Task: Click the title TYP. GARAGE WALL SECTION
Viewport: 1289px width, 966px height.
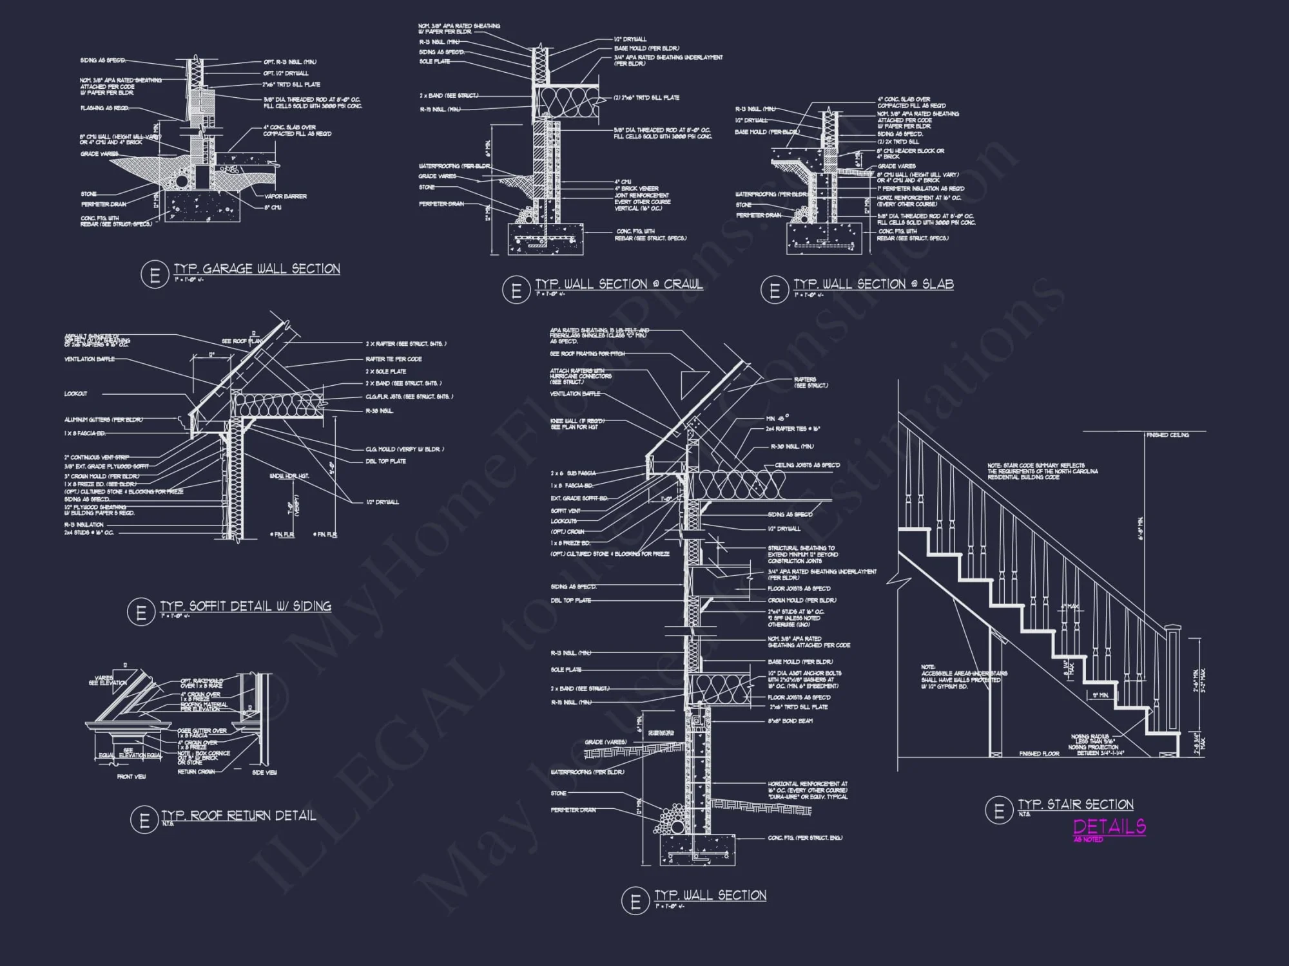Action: (x=257, y=269)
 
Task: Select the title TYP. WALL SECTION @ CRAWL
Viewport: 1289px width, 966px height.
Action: (x=619, y=285)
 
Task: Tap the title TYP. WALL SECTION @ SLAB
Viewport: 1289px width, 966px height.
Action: (x=873, y=285)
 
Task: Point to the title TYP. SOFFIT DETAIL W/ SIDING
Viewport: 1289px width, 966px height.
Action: (x=246, y=606)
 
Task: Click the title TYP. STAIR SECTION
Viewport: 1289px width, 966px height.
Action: (x=1075, y=804)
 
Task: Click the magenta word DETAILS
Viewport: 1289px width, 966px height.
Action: (x=1109, y=826)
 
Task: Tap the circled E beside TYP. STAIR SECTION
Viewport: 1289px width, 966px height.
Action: (x=999, y=810)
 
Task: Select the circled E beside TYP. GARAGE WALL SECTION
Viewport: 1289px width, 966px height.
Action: (x=154, y=275)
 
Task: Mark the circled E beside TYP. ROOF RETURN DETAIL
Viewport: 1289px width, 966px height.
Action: (x=144, y=820)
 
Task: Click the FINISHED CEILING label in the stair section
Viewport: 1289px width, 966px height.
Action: (x=1167, y=435)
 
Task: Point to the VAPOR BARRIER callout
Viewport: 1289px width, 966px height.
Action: (x=286, y=196)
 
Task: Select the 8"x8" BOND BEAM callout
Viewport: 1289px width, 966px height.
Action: (x=790, y=721)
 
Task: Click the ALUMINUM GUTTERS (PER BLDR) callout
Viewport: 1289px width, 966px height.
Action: (x=103, y=420)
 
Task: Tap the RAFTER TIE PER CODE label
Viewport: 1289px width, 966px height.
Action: (x=393, y=359)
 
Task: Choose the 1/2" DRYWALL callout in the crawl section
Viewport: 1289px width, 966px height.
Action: (x=630, y=39)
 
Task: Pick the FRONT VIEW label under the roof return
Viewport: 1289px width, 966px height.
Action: (x=131, y=777)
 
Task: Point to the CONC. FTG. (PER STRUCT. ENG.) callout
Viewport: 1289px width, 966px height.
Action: (x=805, y=838)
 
